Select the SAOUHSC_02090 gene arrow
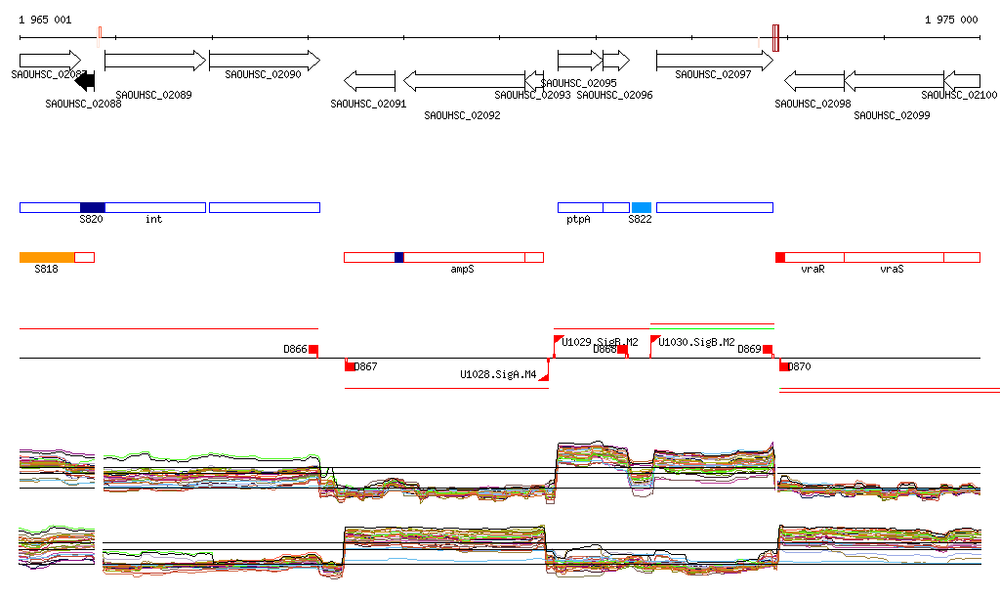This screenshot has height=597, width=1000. (265, 61)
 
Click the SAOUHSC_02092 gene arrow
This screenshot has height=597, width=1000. (465, 81)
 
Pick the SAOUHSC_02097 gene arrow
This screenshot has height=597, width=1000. (714, 61)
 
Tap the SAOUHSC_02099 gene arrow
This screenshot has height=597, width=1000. (894, 81)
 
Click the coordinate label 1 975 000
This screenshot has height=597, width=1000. (950, 20)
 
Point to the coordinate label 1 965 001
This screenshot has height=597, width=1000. (45, 20)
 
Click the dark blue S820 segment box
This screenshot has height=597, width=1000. (92, 207)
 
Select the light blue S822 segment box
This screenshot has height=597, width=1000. (641, 207)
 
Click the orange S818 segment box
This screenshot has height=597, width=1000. (47, 257)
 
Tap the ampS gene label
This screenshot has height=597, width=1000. (462, 269)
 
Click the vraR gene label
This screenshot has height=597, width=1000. (812, 269)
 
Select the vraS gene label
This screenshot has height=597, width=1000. (892, 269)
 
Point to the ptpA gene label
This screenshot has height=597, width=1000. (578, 220)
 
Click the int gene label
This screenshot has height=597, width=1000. (153, 220)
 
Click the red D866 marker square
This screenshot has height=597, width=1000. (313, 350)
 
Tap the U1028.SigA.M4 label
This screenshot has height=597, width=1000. (498, 374)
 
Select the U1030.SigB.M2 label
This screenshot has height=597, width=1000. (697, 342)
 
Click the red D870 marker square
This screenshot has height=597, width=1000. (784, 366)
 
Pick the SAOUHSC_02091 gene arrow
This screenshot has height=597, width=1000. (370, 81)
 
